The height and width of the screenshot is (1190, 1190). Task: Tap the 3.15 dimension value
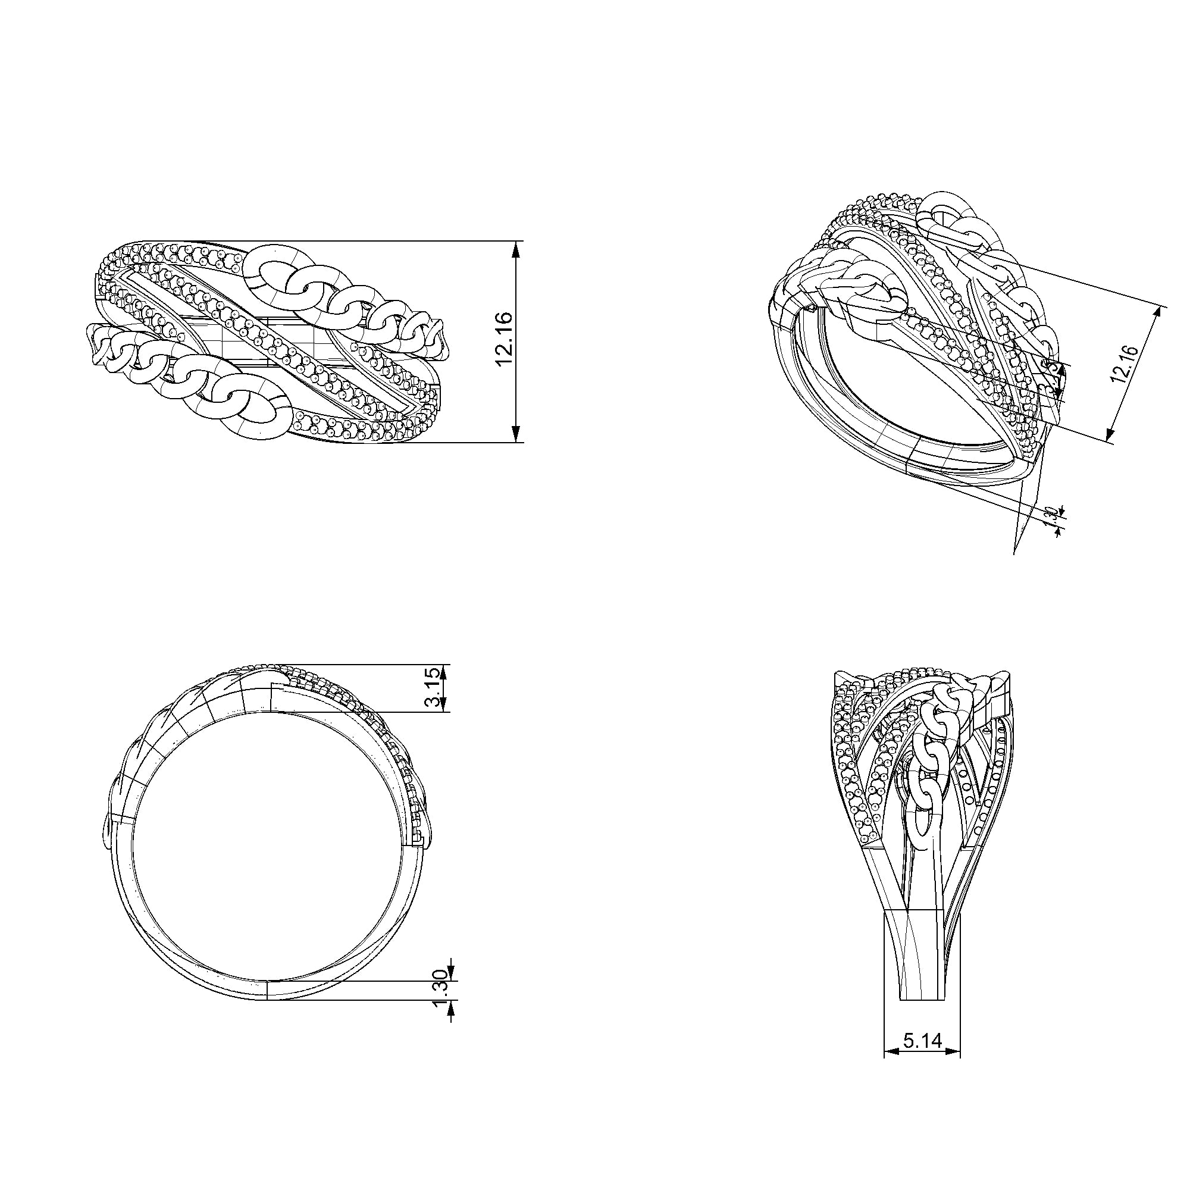(x=434, y=688)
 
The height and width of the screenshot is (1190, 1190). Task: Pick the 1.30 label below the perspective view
(x=1052, y=516)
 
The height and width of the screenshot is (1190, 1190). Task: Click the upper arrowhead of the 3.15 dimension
(x=444, y=671)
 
